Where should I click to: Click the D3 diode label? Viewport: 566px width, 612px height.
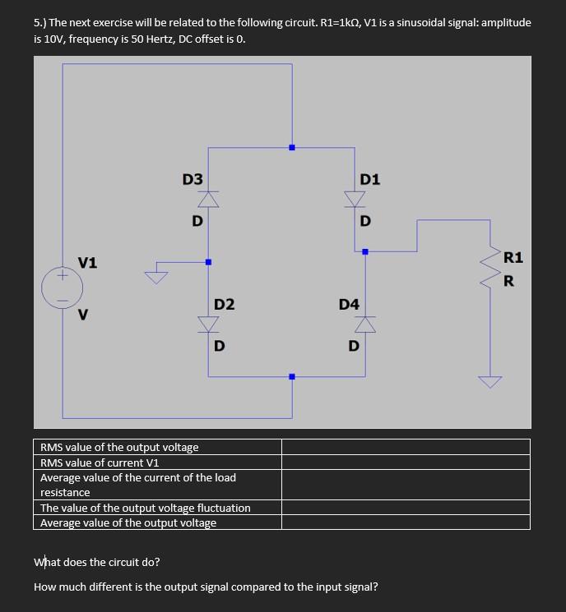193,179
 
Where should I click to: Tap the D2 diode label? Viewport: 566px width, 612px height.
224,305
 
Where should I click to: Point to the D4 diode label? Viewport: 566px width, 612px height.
349,305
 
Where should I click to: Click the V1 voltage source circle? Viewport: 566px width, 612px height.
63,288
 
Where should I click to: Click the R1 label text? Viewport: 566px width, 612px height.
512,257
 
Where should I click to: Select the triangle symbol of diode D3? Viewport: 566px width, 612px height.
209,199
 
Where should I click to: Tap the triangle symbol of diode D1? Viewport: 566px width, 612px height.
355,199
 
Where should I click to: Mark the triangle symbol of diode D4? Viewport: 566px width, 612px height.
365,325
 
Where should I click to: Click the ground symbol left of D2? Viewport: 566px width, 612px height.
155,275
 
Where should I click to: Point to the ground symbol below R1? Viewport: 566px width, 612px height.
491,381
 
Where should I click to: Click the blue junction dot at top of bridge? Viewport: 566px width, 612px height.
291,148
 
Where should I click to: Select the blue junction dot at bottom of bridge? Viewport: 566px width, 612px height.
291,377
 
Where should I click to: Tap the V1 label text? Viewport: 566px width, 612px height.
87,263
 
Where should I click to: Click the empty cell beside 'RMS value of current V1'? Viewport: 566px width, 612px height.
406,462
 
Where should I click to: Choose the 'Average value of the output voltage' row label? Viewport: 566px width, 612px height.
128,523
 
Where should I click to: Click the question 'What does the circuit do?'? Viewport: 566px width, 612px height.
97,563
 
